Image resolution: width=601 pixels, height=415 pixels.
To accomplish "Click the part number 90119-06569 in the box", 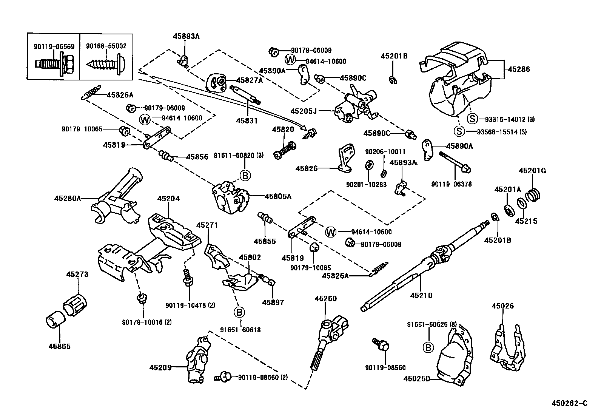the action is [54, 46].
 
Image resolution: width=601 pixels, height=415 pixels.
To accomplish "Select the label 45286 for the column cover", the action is [519, 69].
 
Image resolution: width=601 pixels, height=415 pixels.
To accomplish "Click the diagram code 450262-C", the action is [569, 403].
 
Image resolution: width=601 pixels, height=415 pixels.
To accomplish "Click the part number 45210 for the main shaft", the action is [421, 296].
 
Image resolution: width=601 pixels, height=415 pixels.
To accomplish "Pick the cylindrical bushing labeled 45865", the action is [55, 320].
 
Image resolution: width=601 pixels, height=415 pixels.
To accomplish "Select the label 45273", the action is [77, 274].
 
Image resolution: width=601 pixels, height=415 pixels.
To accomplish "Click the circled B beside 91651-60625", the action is [428, 348].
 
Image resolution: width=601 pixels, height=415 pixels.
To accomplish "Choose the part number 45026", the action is [502, 306].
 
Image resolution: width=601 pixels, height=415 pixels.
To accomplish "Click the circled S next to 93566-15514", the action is [459, 131].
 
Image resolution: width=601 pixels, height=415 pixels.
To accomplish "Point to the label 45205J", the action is [304, 111].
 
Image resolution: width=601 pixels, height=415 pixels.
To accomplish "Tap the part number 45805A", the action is [278, 196].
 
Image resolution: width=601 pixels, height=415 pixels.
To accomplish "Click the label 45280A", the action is [68, 198].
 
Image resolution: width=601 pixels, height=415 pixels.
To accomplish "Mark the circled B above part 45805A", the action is [245, 176].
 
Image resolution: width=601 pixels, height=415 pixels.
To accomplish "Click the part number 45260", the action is [325, 298].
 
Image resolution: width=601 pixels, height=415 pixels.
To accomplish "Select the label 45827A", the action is [250, 80].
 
